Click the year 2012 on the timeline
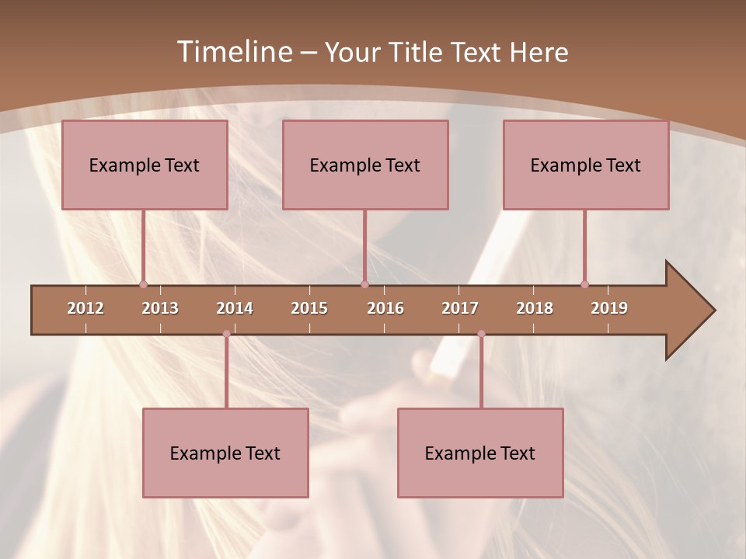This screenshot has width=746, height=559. click(x=85, y=308)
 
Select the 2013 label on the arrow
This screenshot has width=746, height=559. click(x=160, y=308)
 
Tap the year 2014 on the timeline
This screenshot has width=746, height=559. click(x=235, y=308)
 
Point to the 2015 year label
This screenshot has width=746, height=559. click(x=309, y=308)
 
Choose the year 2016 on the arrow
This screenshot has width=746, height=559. click(x=385, y=308)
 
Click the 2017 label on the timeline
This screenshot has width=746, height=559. click(x=460, y=308)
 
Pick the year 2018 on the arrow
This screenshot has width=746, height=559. click(x=535, y=308)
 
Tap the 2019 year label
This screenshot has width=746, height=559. click(x=609, y=308)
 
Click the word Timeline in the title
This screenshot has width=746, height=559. click(x=234, y=52)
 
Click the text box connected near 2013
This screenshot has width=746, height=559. click(x=145, y=165)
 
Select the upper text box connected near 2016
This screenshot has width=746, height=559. click(x=365, y=165)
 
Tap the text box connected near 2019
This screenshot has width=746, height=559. click(x=586, y=165)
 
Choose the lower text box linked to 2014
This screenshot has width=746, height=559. click(x=225, y=453)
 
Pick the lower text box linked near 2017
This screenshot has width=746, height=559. click(x=480, y=453)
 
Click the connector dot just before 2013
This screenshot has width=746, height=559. click(x=143, y=284)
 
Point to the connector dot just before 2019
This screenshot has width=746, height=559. click(x=584, y=284)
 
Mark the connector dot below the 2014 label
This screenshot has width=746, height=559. click(x=226, y=334)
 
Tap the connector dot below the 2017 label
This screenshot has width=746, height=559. click(x=481, y=334)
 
